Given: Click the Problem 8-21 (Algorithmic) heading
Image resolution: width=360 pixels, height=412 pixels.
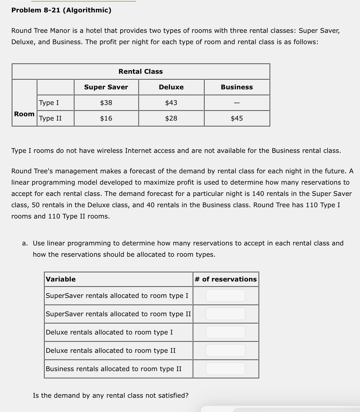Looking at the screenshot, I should pos(61,10).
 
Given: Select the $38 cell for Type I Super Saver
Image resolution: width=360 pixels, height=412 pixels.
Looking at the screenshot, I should pos(106,103).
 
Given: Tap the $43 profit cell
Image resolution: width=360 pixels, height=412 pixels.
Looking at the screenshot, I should pos(171,103).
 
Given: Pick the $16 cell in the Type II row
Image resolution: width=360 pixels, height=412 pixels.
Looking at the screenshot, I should pos(106,118).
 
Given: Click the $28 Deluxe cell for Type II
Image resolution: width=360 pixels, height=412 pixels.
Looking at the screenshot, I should pos(171,118).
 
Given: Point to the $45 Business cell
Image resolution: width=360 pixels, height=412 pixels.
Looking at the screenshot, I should pos(237,118).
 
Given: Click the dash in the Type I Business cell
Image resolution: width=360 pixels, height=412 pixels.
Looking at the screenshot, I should pos(237,103).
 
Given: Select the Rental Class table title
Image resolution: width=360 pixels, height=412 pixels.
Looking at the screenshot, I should pos(141,72).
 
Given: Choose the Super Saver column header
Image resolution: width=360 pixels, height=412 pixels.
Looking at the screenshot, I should pos(106,87).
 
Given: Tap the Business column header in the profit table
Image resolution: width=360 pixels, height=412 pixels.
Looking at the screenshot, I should pos(237,87).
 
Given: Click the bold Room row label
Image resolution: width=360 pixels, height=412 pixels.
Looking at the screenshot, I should pos(24,114).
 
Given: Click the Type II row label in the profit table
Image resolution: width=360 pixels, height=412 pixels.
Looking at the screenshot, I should pos(50,118).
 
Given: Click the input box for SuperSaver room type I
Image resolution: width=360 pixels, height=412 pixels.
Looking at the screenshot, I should pos(226,295).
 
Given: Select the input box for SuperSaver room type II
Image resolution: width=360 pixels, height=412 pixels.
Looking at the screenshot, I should pos(226,314).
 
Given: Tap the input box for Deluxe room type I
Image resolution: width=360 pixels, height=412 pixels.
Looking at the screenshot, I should pos(226,332).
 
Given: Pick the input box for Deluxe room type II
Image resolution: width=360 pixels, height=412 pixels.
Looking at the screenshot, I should pos(226,350).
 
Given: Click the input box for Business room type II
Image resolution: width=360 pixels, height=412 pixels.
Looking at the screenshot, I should pos(226,369).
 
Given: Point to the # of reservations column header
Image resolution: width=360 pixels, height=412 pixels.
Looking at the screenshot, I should pos(226,279).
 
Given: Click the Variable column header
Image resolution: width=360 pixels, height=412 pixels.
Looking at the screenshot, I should pos(61,279).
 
